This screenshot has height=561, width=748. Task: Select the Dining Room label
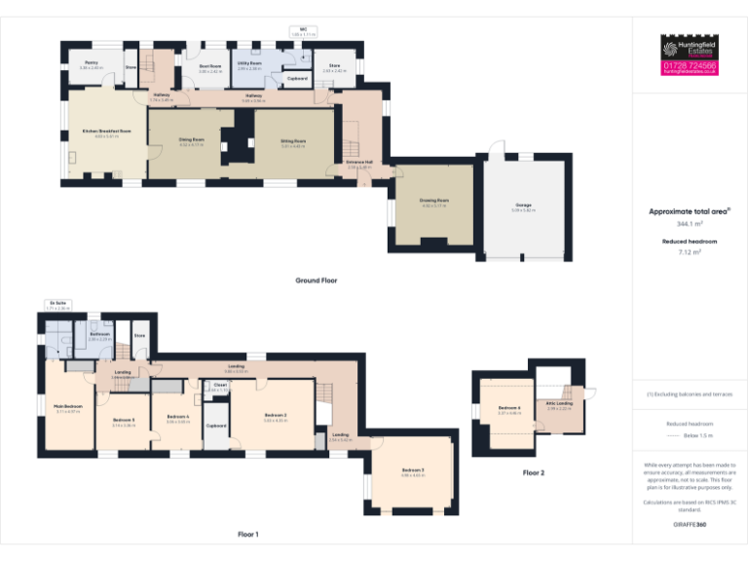pyautogui.click(x=191, y=139)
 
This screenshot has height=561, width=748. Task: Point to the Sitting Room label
pyautogui.click(x=293, y=140)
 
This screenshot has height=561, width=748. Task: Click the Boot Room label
pyautogui.click(x=210, y=66)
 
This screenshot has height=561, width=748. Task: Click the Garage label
pyautogui.click(x=524, y=205)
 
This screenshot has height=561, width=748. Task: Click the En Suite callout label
pyautogui.click(x=59, y=303)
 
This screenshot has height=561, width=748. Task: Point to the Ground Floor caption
pyautogui.click(x=317, y=280)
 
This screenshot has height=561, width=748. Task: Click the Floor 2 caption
pyautogui.click(x=533, y=472)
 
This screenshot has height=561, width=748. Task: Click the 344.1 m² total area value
pyautogui.click(x=689, y=223)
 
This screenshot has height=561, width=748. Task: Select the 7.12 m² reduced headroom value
pyautogui.click(x=689, y=251)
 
